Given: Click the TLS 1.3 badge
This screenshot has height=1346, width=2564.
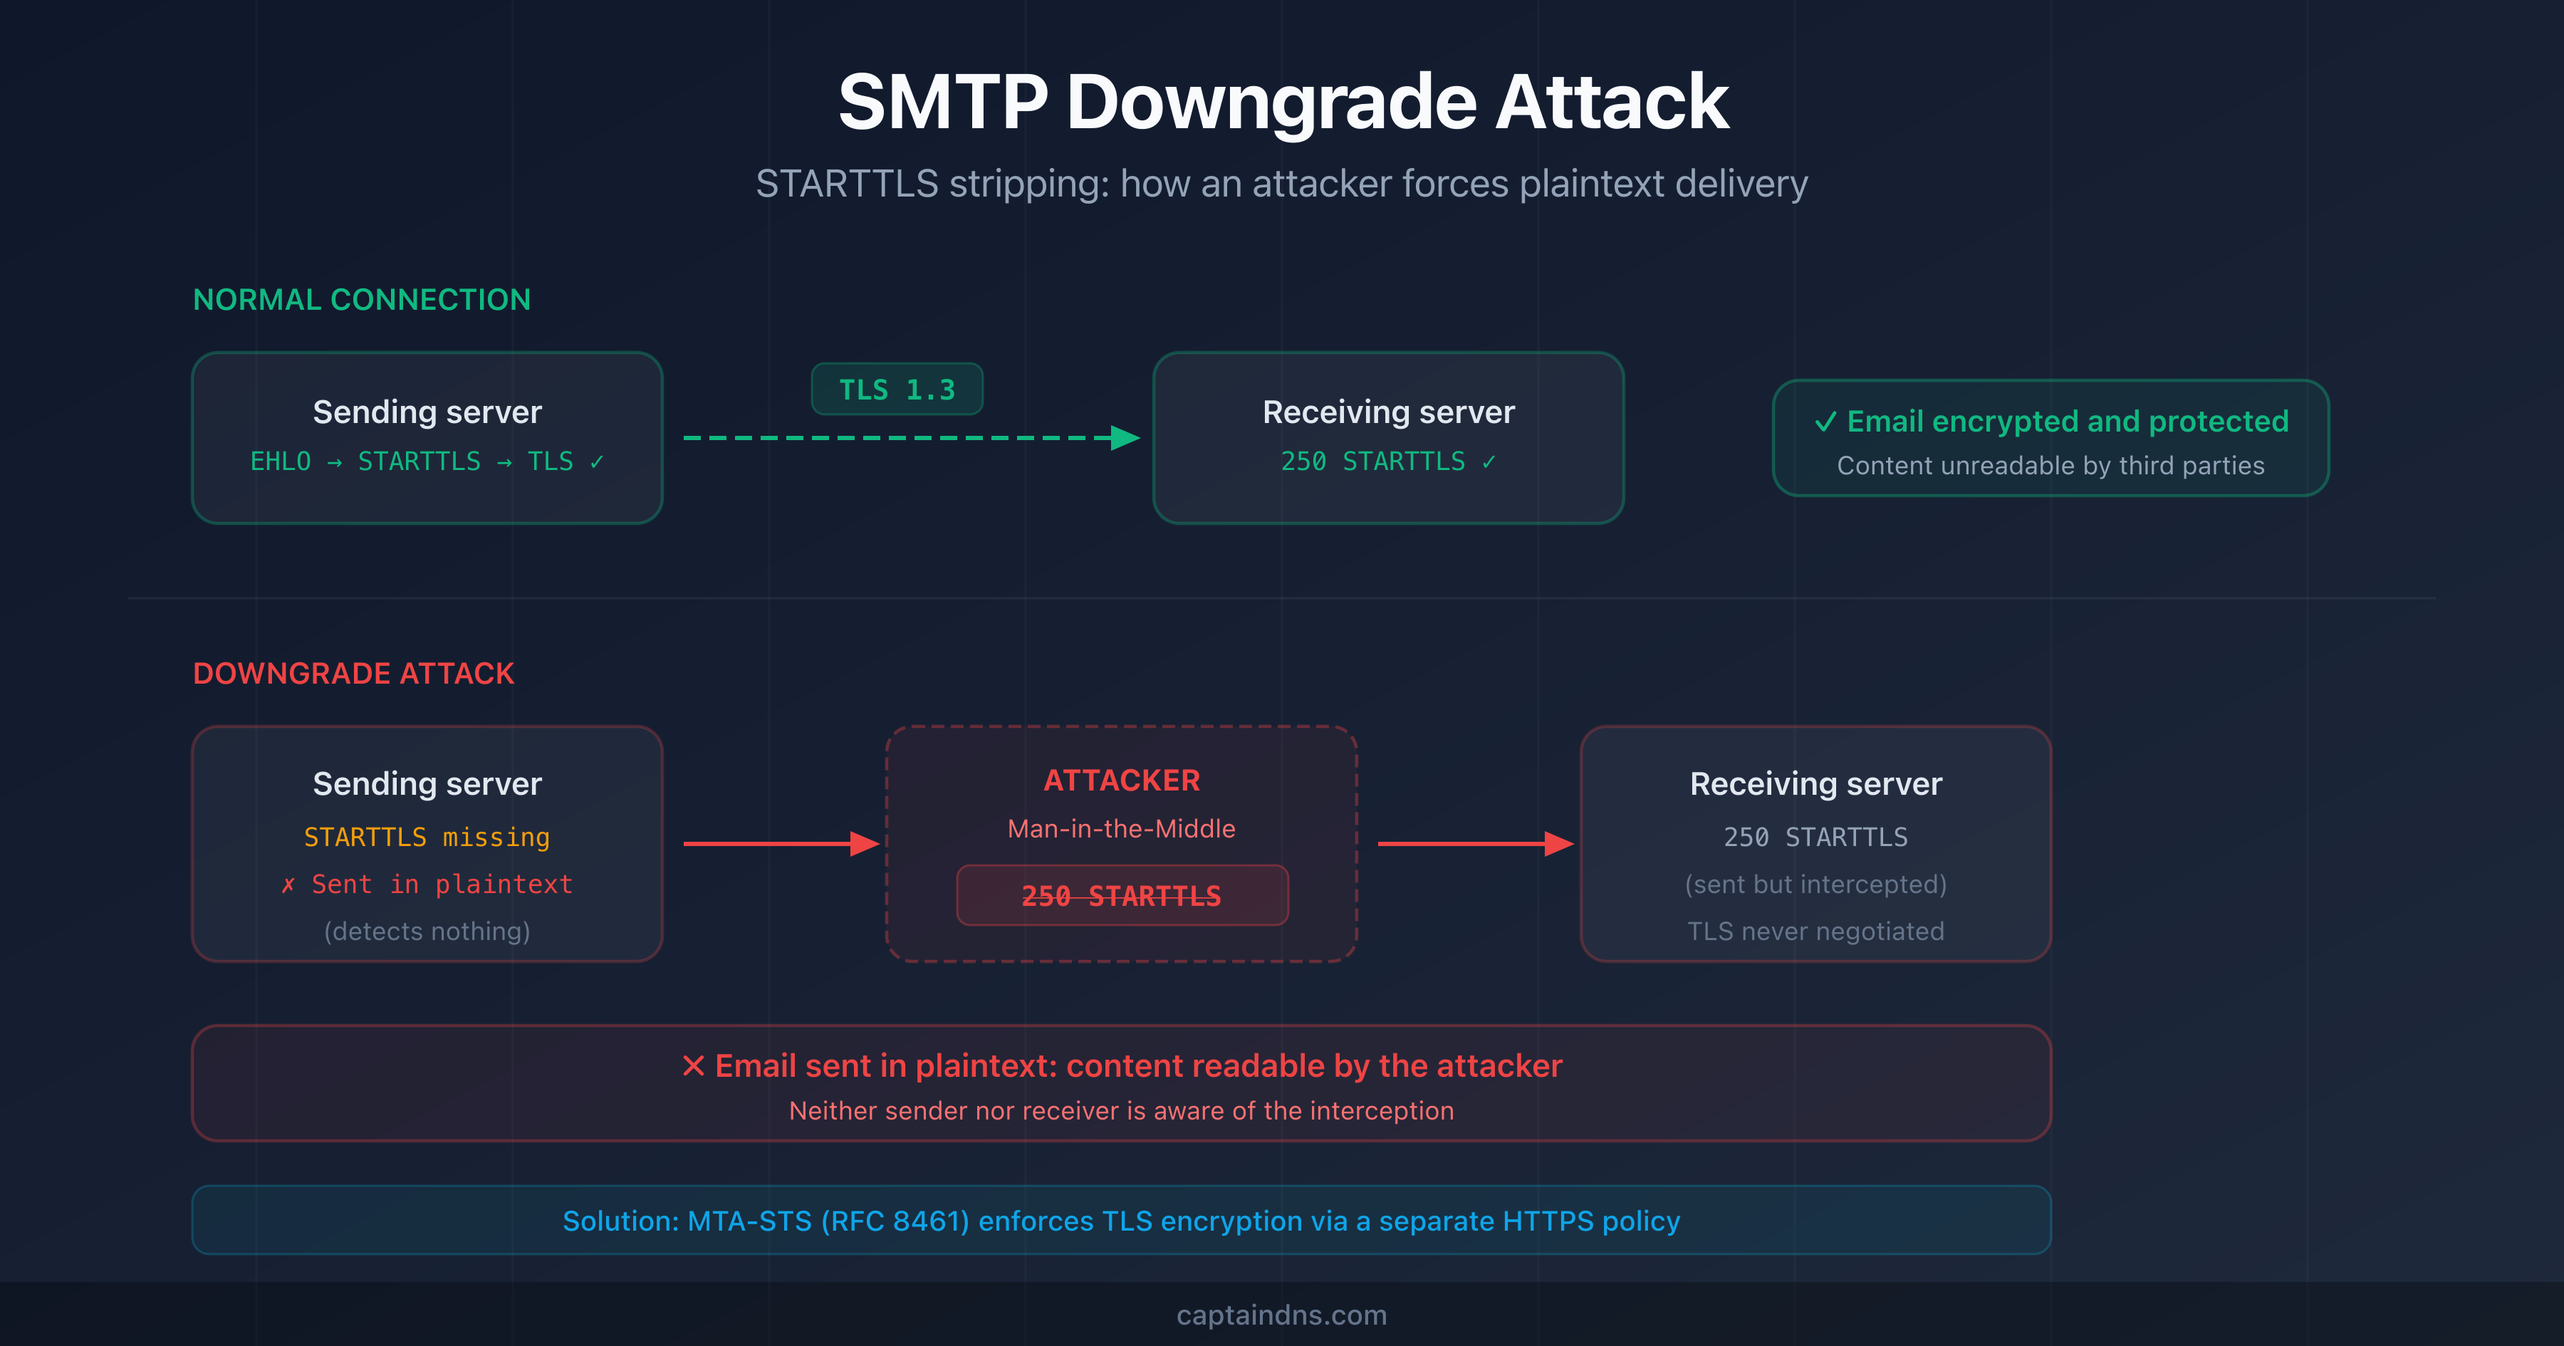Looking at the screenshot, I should (x=897, y=390).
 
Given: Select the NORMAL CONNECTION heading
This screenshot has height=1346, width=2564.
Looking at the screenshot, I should (x=361, y=300).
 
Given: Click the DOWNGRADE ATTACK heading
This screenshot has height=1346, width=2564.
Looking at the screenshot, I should (x=353, y=674).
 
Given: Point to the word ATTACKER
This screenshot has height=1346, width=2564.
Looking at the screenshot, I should (x=1122, y=781).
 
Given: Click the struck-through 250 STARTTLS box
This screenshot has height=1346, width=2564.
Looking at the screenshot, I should (x=1122, y=896).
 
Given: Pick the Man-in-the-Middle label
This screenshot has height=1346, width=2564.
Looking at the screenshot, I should (x=1122, y=829).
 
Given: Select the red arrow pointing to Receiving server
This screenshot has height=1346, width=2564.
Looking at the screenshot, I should (x=1474, y=844).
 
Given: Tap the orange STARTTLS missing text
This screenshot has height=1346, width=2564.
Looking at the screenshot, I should (x=427, y=838).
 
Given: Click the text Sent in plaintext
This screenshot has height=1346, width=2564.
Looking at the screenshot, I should (x=441, y=884).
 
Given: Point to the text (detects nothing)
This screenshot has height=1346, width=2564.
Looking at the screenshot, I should (x=427, y=932).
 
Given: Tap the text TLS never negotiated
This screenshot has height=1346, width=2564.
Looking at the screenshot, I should (x=1815, y=932).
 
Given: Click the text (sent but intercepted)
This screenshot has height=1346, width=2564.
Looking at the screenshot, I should (x=1815, y=884).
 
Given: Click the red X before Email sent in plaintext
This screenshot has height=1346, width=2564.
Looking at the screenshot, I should (x=694, y=1066).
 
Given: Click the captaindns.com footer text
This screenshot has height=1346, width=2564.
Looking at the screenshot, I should (x=1281, y=1315).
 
